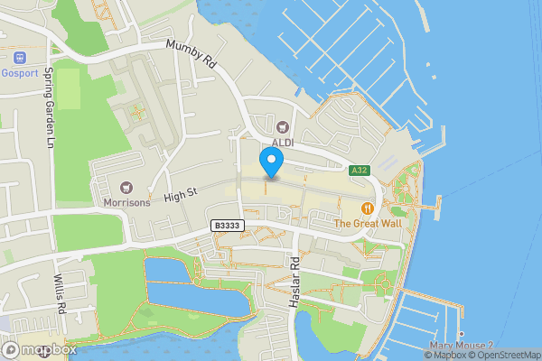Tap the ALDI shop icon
[284, 128]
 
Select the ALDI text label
[284, 143]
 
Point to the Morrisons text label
[126, 202]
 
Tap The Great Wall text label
[368, 222]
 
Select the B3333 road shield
[228, 226]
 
